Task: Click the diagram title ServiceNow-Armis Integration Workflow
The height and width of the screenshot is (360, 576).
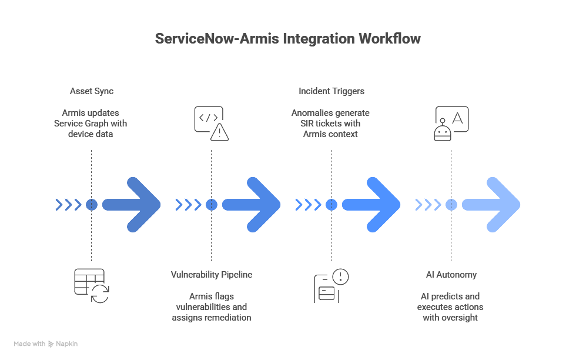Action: (287, 39)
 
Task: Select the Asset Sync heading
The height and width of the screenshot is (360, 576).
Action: (91, 91)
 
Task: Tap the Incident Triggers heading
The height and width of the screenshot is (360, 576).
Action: (331, 91)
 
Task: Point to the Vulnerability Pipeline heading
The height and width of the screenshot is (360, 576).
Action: (211, 275)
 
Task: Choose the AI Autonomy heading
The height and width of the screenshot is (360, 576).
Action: (451, 275)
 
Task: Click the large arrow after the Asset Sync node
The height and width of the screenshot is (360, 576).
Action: (132, 204)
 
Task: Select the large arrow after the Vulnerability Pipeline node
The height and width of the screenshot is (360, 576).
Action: (252, 204)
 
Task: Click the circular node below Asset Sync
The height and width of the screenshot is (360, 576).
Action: (91, 204)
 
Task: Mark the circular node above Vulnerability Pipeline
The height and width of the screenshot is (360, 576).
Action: (212, 204)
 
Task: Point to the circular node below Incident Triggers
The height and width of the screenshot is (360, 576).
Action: (331, 204)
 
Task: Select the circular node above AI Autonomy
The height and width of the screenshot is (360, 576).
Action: (451, 204)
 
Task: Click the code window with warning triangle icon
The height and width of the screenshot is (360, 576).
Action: (212, 124)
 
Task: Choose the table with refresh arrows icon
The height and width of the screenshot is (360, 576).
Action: (91, 285)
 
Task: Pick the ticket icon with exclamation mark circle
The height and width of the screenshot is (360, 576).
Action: (331, 285)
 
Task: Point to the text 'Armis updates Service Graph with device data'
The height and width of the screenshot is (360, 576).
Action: (91, 124)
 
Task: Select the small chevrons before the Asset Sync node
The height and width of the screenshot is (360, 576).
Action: (68, 204)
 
